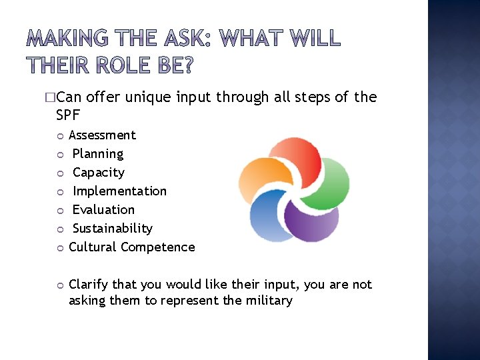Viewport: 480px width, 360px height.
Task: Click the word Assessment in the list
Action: click(x=102, y=135)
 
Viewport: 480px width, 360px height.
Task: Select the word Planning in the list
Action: click(x=98, y=154)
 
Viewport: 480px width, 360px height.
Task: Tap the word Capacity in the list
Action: click(x=99, y=173)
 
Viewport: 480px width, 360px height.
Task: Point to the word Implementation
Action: click(x=120, y=191)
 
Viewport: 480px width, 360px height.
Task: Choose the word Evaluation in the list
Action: click(x=103, y=210)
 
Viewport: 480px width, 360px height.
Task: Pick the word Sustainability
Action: click(x=113, y=229)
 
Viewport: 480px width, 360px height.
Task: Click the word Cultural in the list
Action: click(x=93, y=247)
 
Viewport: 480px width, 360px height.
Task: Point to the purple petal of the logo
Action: click(x=310, y=220)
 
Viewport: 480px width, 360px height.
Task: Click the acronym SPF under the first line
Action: click(x=68, y=115)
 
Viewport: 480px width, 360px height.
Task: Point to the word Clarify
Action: click(x=90, y=285)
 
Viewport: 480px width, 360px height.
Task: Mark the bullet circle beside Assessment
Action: click(x=59, y=136)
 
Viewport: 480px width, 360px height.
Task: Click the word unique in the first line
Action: click(x=147, y=97)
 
